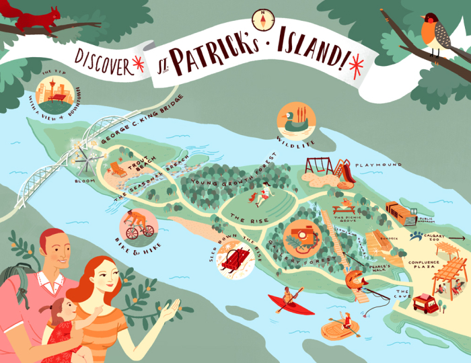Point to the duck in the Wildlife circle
[293, 121]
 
